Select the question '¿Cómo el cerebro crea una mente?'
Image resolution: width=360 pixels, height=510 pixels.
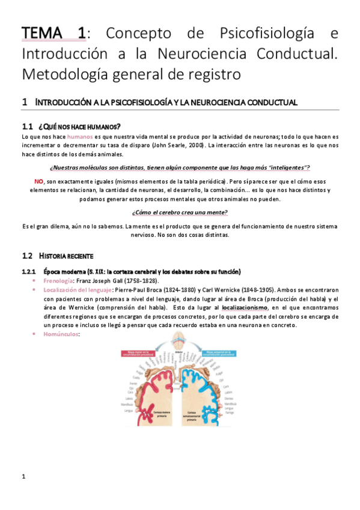tap(180, 212)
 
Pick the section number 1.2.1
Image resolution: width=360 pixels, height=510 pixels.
tap(29, 271)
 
